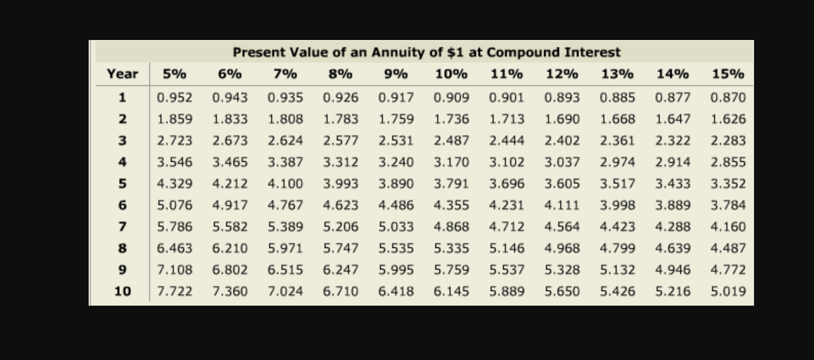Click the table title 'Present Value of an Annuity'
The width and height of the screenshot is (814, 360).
pyautogui.click(x=426, y=52)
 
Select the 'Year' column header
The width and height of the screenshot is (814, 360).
pyautogui.click(x=123, y=74)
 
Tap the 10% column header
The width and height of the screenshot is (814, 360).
pyautogui.click(x=451, y=74)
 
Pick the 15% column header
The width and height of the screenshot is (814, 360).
pyautogui.click(x=728, y=74)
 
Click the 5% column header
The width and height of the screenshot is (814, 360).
pyautogui.click(x=174, y=74)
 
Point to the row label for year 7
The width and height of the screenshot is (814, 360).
pyautogui.click(x=123, y=227)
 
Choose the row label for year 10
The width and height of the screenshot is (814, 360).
pyautogui.click(x=123, y=291)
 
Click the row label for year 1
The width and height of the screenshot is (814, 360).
pyautogui.click(x=123, y=97)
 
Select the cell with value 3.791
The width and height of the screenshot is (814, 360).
pyautogui.click(x=451, y=184)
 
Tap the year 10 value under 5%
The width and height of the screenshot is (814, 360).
pyautogui.click(x=174, y=291)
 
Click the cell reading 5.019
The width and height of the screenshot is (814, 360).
pyautogui.click(x=728, y=291)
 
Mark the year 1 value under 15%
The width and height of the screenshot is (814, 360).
pyautogui.click(x=728, y=97)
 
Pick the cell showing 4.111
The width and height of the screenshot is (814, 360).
pyautogui.click(x=562, y=205)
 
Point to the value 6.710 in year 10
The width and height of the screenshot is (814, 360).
pyautogui.click(x=340, y=291)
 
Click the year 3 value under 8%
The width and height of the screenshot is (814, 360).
pyautogui.click(x=340, y=141)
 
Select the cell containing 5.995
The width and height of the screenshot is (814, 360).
pyautogui.click(x=396, y=270)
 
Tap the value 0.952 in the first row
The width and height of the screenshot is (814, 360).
pyautogui.click(x=174, y=97)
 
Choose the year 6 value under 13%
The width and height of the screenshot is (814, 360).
pyautogui.click(x=617, y=205)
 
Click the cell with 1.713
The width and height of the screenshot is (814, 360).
pyautogui.click(x=506, y=119)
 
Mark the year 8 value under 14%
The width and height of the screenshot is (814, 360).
pyautogui.click(x=673, y=248)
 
